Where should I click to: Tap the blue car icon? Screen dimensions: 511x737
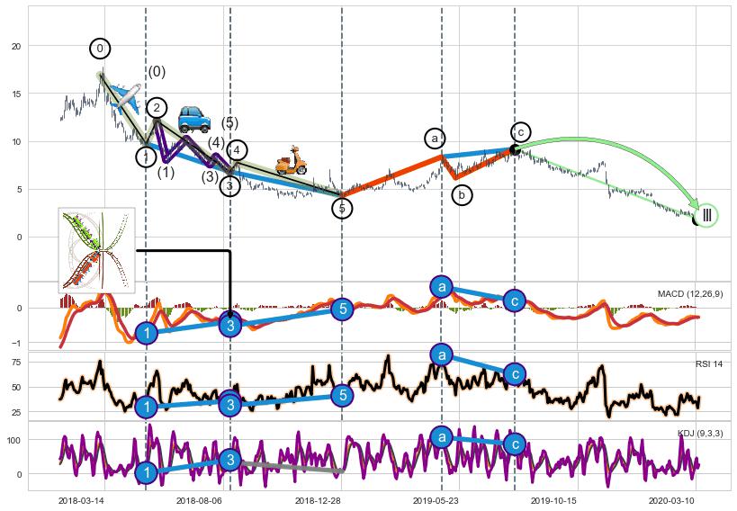(193, 118)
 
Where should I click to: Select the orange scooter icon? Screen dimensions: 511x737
(290, 160)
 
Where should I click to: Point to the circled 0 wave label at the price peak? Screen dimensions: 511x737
(101, 48)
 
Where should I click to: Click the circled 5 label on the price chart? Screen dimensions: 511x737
(342, 209)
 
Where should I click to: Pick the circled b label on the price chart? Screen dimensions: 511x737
(462, 194)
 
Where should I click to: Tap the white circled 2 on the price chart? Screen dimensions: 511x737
(157, 108)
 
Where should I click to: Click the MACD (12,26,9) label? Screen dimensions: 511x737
(690, 294)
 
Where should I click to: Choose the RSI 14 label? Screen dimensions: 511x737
(709, 363)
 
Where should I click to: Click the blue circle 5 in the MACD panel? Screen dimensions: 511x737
(341, 309)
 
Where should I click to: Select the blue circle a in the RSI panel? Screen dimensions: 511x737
(441, 354)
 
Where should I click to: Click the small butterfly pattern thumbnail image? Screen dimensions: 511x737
(96, 249)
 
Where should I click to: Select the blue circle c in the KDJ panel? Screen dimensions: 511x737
(514, 443)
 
